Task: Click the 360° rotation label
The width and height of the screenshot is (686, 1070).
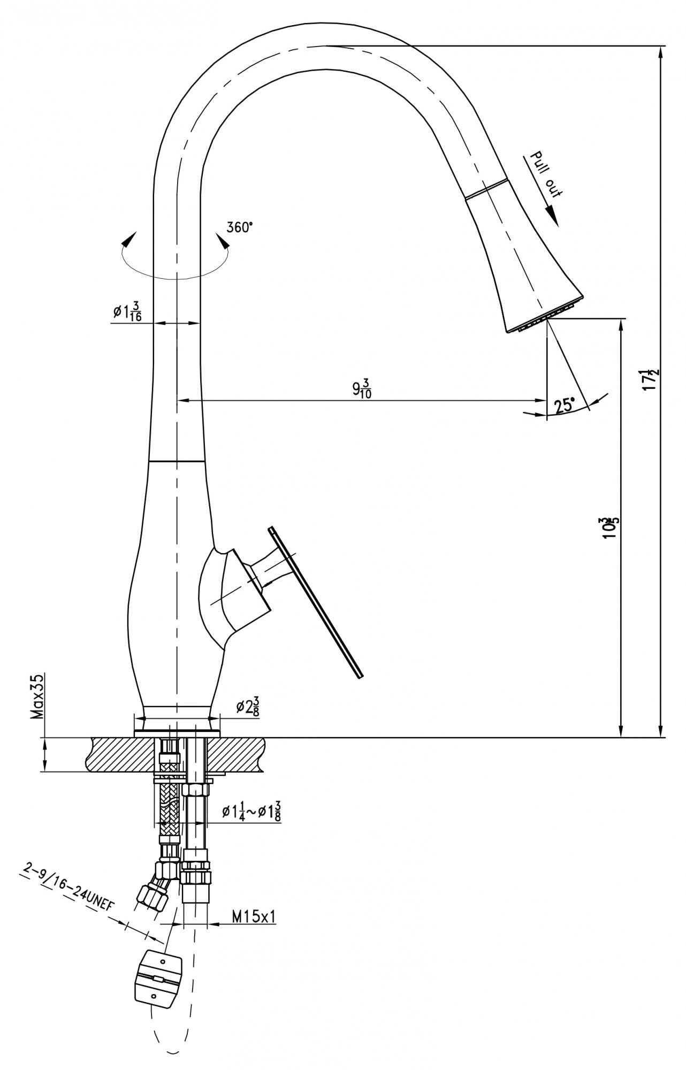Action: [x=239, y=227]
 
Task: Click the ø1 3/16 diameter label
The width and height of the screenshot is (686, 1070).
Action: [x=127, y=312]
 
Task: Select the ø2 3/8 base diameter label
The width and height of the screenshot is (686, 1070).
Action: [x=248, y=707]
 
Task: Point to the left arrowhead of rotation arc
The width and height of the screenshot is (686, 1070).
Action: [x=128, y=240]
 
